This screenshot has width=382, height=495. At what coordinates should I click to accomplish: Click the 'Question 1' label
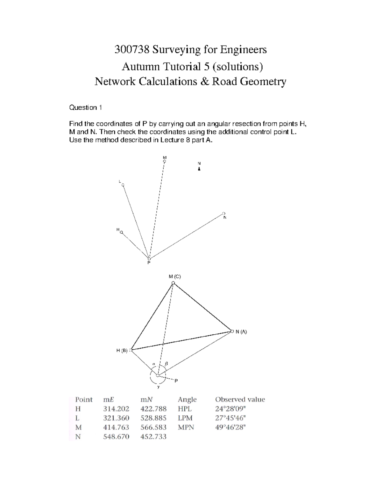85,108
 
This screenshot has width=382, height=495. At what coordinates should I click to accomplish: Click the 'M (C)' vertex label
174,277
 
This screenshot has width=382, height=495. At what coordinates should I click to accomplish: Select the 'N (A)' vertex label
241,331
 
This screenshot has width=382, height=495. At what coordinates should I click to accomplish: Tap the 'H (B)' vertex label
122,351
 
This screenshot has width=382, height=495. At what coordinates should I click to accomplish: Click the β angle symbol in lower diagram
166,363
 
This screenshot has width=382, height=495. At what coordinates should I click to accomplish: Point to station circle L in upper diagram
123,185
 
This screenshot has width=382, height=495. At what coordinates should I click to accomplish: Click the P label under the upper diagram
148,263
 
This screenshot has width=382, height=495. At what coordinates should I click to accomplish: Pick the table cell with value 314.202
116,409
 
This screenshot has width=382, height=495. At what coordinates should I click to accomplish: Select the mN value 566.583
153,427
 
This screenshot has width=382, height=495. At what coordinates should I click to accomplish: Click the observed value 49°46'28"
230,427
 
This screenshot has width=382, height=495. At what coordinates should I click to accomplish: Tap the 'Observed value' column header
240,399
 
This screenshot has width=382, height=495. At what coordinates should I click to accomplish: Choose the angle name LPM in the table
185,418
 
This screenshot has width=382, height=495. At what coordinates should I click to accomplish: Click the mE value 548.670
116,437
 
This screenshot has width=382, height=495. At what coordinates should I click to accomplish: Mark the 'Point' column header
84,399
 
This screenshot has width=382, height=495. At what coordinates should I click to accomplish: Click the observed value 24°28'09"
230,409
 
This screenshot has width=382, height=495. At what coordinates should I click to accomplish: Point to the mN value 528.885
153,418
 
